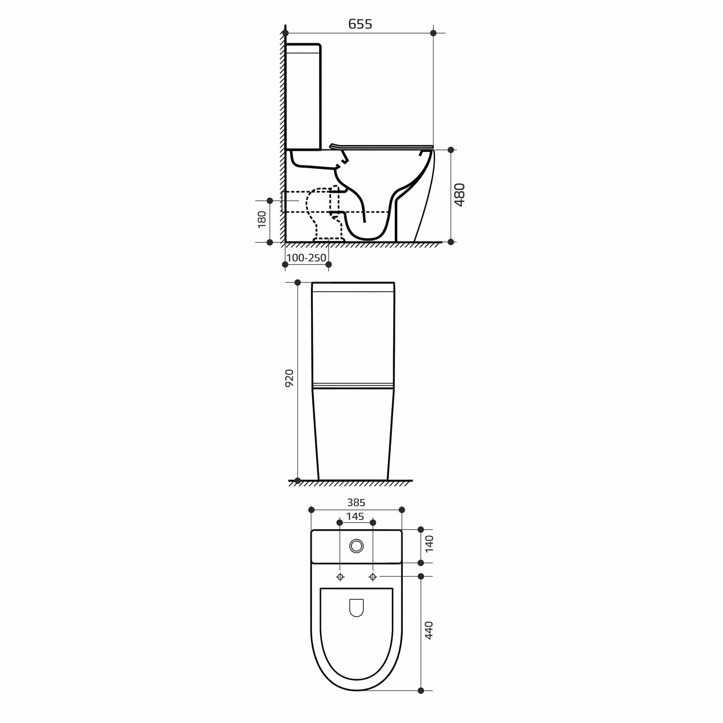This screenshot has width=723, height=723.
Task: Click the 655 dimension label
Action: click(360, 24)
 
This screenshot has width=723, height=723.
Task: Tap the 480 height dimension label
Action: click(460, 195)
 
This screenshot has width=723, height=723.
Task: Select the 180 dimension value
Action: click(262, 219)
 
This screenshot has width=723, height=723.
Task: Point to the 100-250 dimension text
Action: click(307, 258)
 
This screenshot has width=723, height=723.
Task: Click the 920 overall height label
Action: click(289, 379)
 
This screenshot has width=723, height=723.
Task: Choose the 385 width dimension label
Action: click(356, 502)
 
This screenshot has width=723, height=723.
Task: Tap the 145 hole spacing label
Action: click(356, 517)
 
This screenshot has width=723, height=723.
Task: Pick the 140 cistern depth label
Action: click(429, 543)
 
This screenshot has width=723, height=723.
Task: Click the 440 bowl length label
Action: click(429, 630)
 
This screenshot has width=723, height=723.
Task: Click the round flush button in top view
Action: click(356, 546)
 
